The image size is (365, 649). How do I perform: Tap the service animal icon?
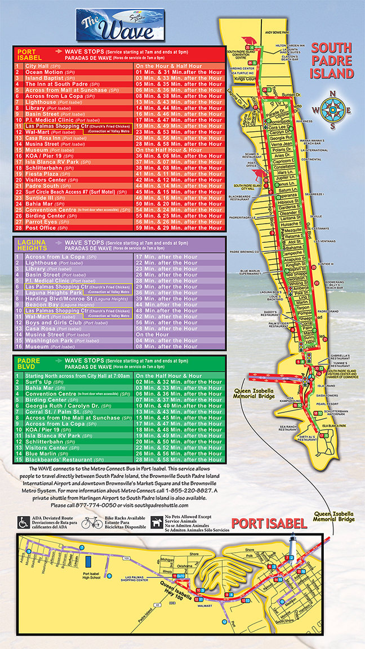(156, 523)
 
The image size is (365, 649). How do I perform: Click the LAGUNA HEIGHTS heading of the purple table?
(32, 243)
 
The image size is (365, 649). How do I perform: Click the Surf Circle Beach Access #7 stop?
(67, 192)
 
